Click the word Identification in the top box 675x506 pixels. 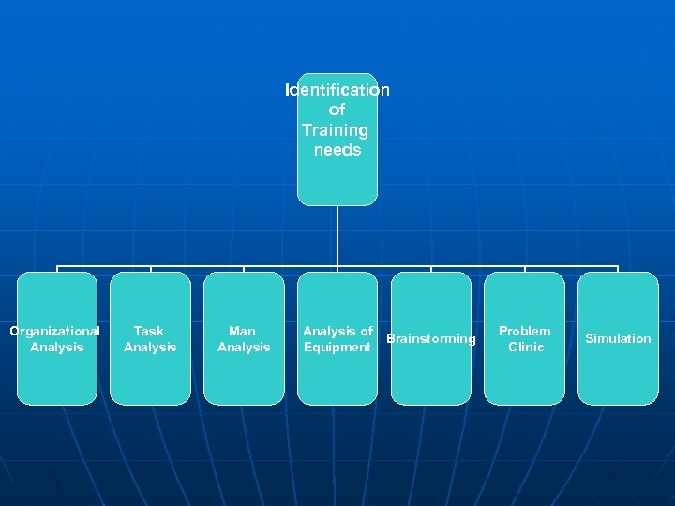[x=337, y=91]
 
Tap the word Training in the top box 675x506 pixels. [x=335, y=130]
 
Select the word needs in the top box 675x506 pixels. [x=337, y=150]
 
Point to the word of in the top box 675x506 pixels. [x=337, y=111]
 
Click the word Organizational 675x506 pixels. [x=54, y=331]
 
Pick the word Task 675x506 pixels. [x=149, y=331]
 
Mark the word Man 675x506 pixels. [x=242, y=331]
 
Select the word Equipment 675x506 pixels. [x=337, y=348]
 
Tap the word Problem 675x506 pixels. [x=525, y=331]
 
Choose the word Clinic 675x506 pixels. [x=526, y=348]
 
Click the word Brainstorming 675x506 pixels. [x=431, y=338]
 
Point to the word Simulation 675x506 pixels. [x=618, y=338]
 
